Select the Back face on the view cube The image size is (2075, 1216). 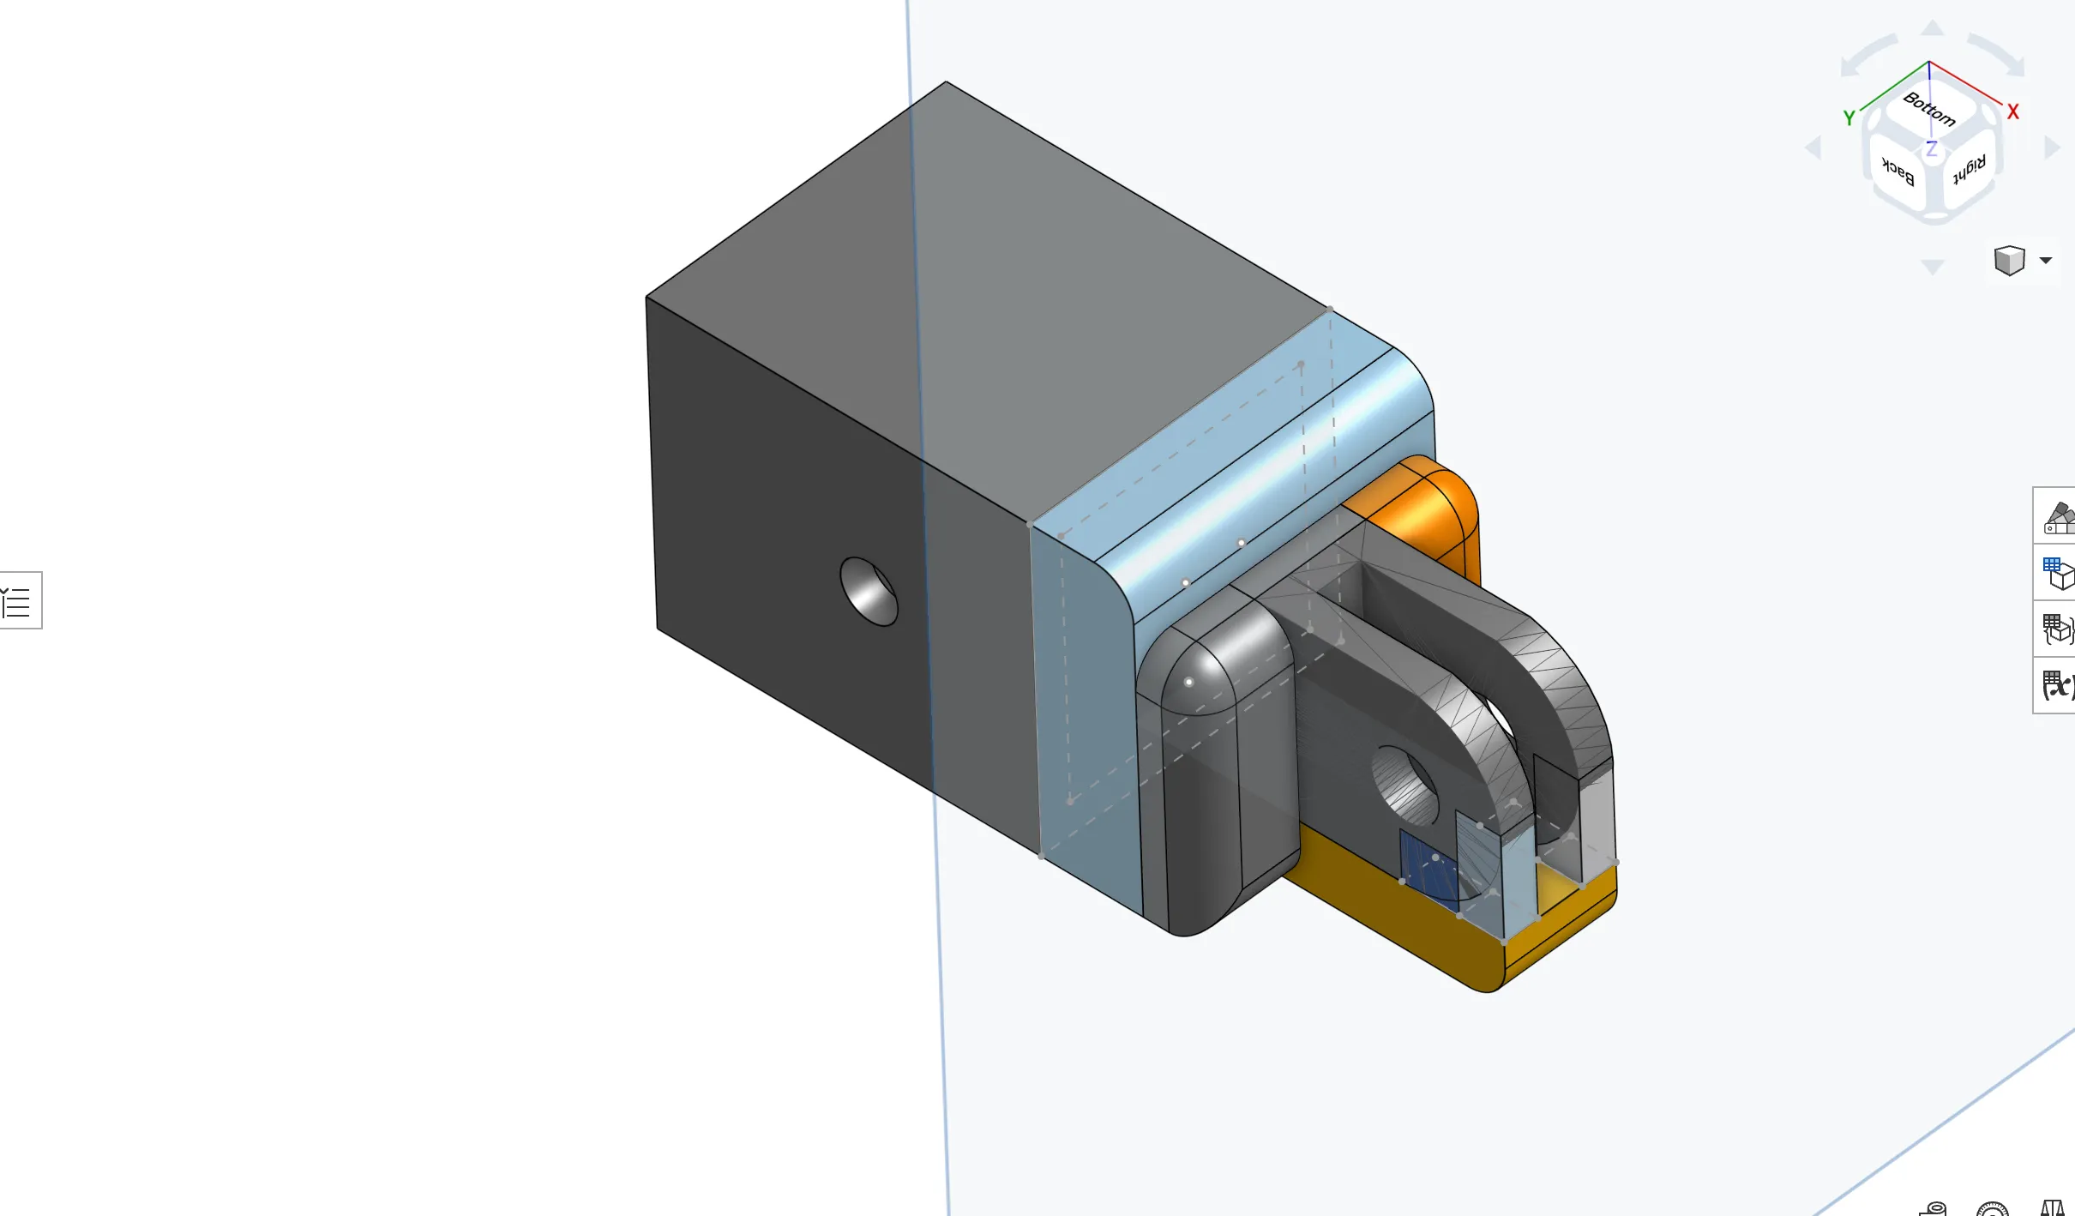point(1898,172)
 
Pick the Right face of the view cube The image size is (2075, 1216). point(1969,170)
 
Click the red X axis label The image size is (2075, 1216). point(2013,112)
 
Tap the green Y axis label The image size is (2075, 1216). point(1849,118)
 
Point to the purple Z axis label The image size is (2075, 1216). point(1931,149)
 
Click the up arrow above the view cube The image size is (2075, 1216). point(1932,28)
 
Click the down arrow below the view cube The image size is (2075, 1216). point(1933,268)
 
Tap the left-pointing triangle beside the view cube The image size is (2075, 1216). point(1813,147)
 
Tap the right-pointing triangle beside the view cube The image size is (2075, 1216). point(2052,147)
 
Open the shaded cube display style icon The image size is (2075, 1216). point(2009,260)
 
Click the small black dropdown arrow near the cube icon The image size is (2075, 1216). point(2046,260)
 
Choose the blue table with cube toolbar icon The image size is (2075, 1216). point(2058,574)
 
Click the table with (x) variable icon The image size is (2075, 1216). point(2058,685)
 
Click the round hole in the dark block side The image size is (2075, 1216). point(869,591)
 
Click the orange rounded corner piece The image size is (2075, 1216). point(1423,506)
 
